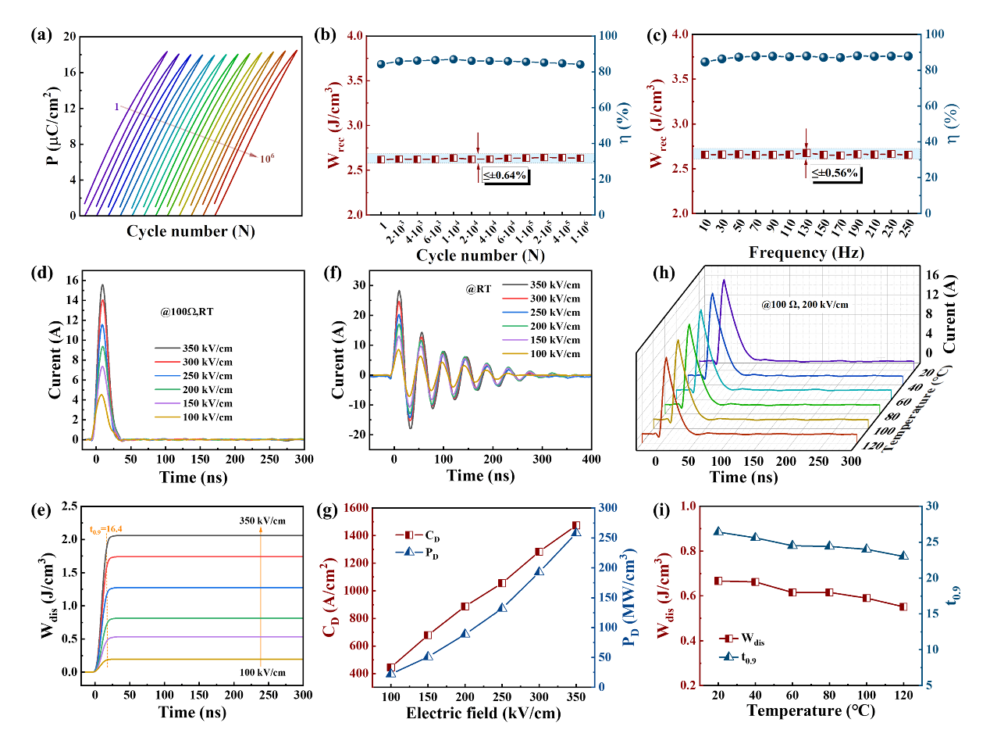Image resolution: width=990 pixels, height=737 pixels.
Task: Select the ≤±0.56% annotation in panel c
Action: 836,173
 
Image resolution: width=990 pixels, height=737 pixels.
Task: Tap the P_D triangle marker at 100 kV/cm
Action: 391,673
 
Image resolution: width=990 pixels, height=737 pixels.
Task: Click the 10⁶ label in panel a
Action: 266,158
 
